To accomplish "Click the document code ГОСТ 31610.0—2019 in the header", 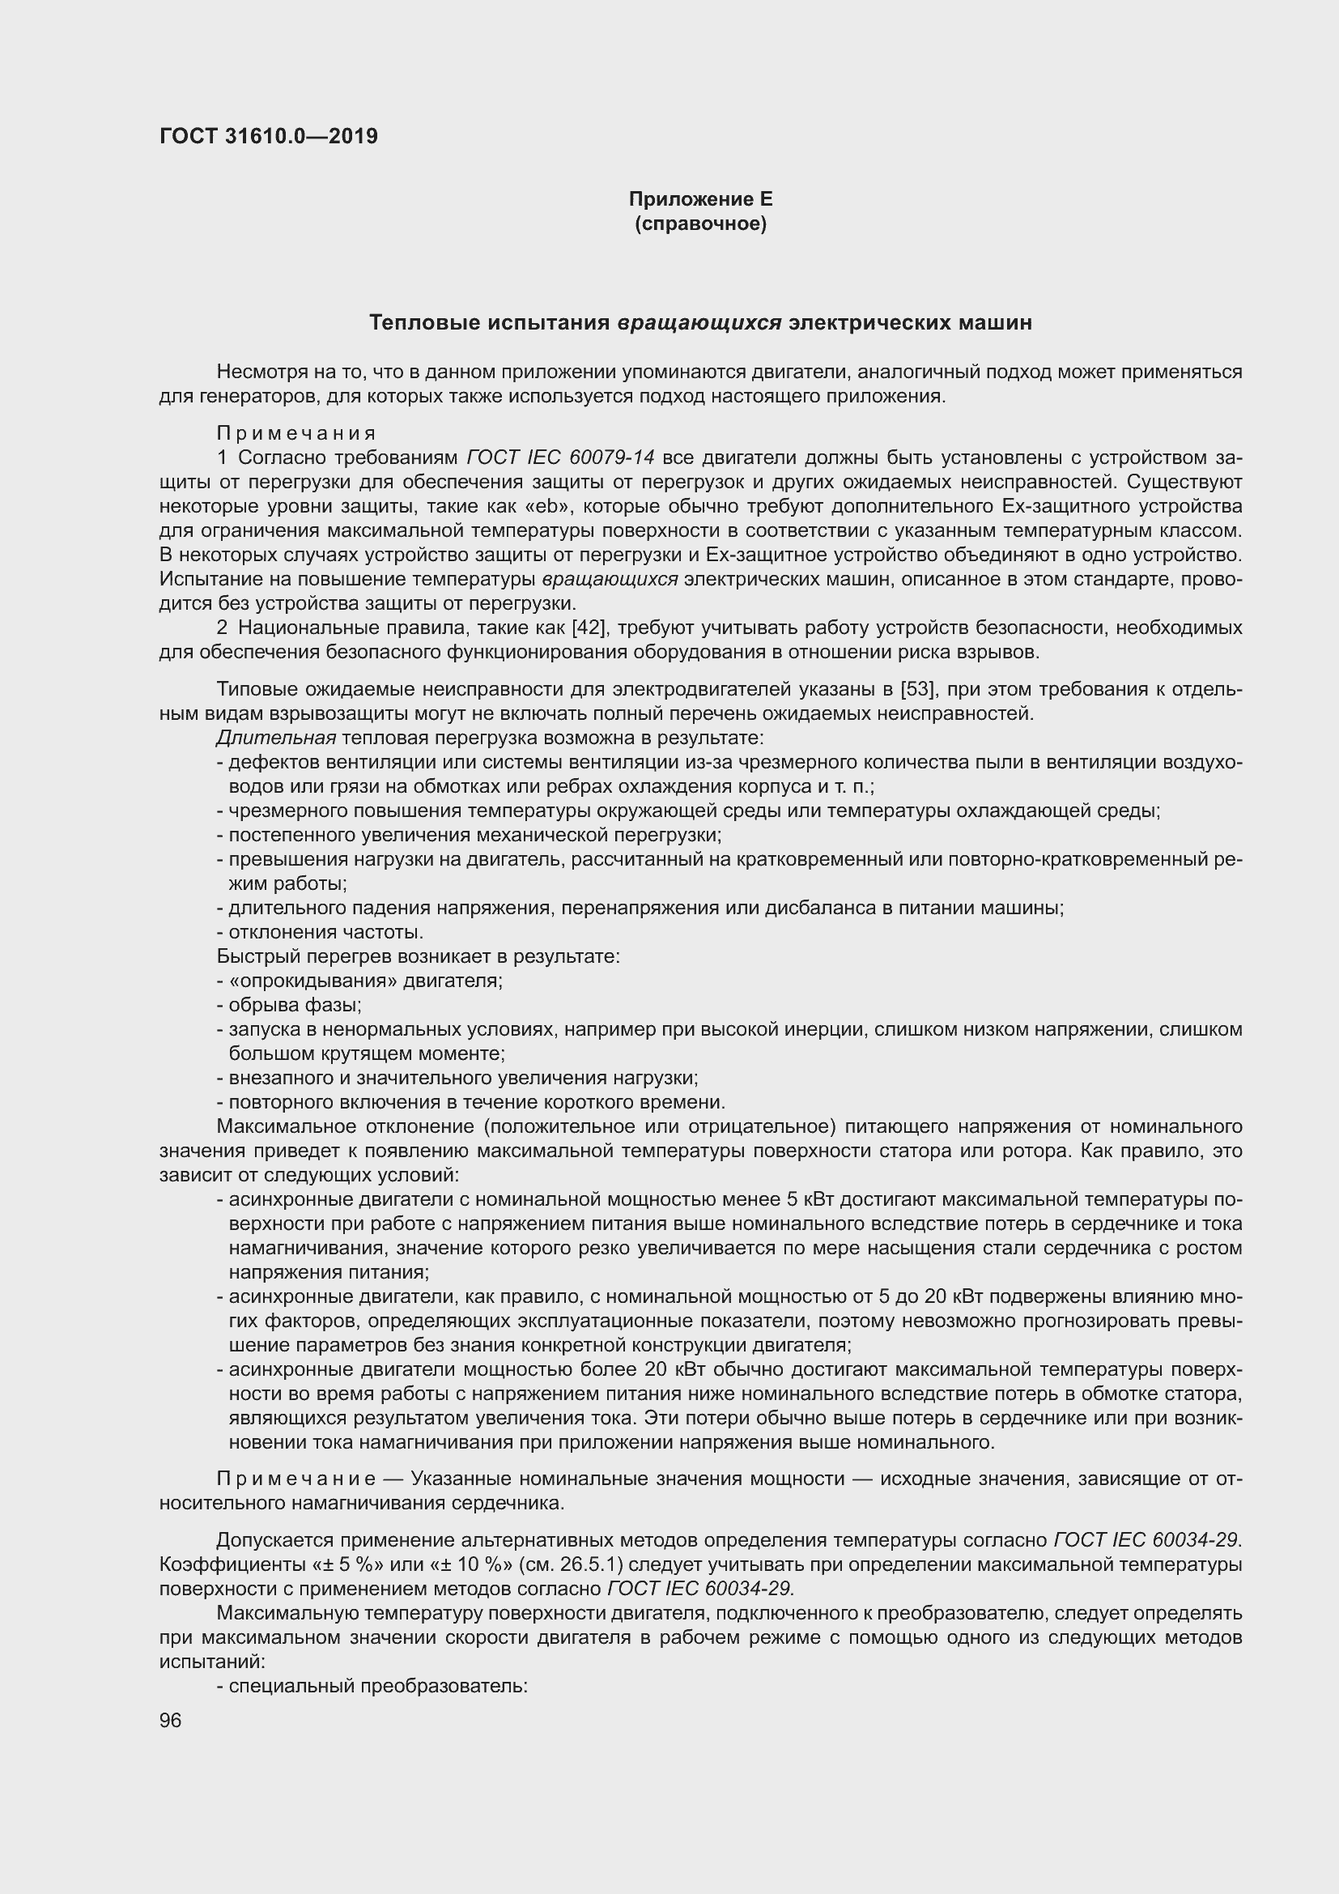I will click(269, 137).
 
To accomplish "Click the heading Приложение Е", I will click(700, 199).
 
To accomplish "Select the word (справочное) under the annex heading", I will click(700, 223).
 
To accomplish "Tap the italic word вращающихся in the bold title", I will click(699, 322).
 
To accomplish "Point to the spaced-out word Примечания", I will click(296, 433).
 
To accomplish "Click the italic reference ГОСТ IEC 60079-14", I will click(561, 458).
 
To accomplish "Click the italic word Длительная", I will click(276, 738).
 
